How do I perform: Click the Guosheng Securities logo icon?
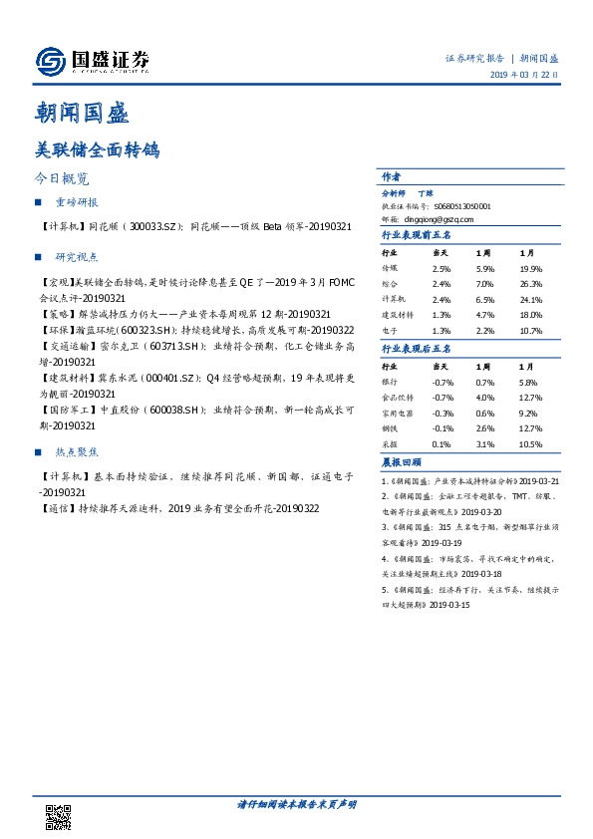point(51,63)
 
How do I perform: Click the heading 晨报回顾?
point(402,463)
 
